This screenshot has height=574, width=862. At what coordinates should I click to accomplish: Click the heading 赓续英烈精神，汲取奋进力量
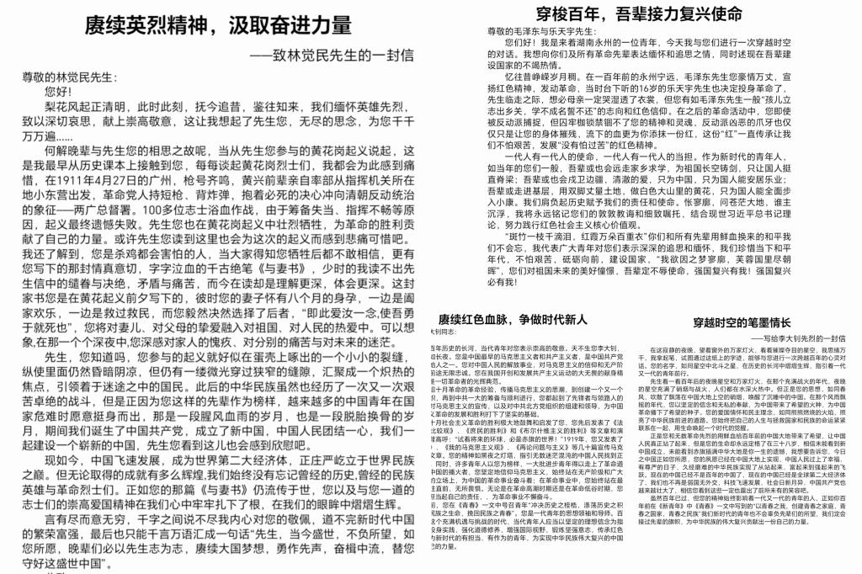(218, 25)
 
